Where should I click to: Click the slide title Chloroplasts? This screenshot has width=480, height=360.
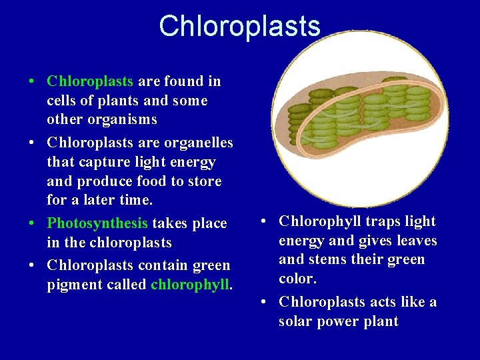click(x=239, y=26)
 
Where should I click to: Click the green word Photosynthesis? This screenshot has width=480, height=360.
click(x=97, y=223)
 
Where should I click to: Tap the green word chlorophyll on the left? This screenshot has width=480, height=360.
click(x=191, y=285)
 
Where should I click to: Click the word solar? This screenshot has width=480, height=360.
click(x=297, y=321)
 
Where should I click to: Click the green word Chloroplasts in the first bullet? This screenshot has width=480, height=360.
click(x=90, y=81)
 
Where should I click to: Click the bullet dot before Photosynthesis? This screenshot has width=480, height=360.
click(x=31, y=223)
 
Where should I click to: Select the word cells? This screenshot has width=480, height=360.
click(x=63, y=101)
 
